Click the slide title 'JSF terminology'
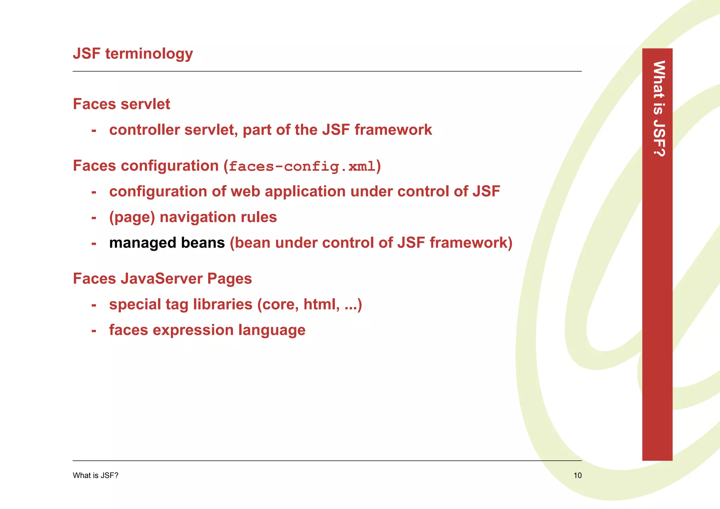point(133,54)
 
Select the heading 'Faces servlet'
point(121,104)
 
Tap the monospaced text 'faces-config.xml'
point(302,166)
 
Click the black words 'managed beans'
point(167,243)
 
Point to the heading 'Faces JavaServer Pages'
point(162,279)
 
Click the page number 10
point(577,476)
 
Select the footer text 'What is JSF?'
point(95,476)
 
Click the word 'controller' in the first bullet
point(144,130)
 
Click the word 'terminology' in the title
point(149,54)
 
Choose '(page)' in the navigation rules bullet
point(132,217)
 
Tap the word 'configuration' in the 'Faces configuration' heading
point(169,166)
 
